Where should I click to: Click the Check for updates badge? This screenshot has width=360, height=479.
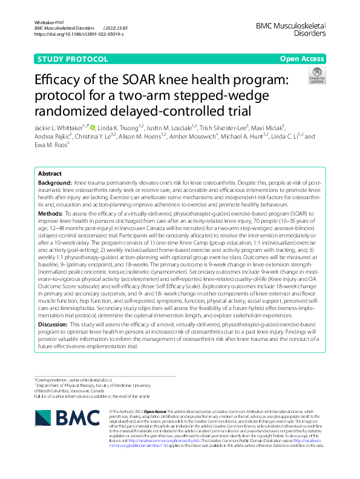coord(316,76)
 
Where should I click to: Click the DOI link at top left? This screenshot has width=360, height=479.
coord(79,35)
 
